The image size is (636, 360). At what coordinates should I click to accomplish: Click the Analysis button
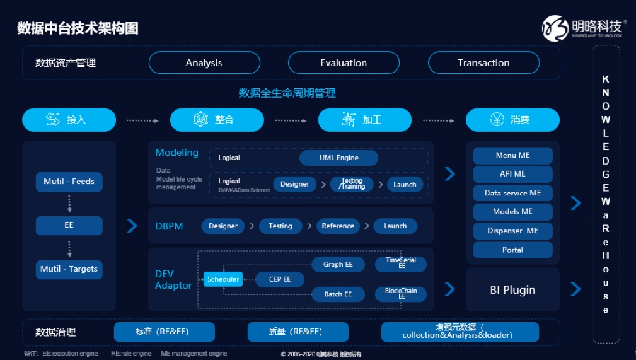pos(204,63)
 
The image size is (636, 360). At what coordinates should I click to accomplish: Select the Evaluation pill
pos(344,63)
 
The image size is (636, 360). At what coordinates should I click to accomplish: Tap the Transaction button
pos(483,63)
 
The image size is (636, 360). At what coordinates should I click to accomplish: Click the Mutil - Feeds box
pos(69,182)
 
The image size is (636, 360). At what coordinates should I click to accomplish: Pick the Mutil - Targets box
pos(69,269)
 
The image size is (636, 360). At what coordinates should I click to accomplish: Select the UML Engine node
pos(338,158)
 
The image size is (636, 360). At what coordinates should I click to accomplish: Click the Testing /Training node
pos(352,184)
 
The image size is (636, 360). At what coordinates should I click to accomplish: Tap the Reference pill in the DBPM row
pos(338,226)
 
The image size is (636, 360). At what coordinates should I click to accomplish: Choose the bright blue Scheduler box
pos(223,279)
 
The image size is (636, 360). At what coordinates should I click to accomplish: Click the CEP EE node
pos(280,279)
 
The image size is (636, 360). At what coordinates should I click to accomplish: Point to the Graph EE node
pos(338,265)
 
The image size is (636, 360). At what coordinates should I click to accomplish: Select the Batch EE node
pos(338,294)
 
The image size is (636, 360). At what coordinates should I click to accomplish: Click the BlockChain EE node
pos(401,294)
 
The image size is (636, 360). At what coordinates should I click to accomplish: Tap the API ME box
pos(512,174)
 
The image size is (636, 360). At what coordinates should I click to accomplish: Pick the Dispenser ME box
pos(512,231)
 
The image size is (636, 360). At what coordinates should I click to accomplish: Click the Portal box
pos(512,250)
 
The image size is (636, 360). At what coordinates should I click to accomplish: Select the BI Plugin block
pos(512,290)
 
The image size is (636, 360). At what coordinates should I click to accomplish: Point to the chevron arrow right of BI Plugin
pos(575,289)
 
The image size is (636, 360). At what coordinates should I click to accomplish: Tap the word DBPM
pos(169,226)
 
